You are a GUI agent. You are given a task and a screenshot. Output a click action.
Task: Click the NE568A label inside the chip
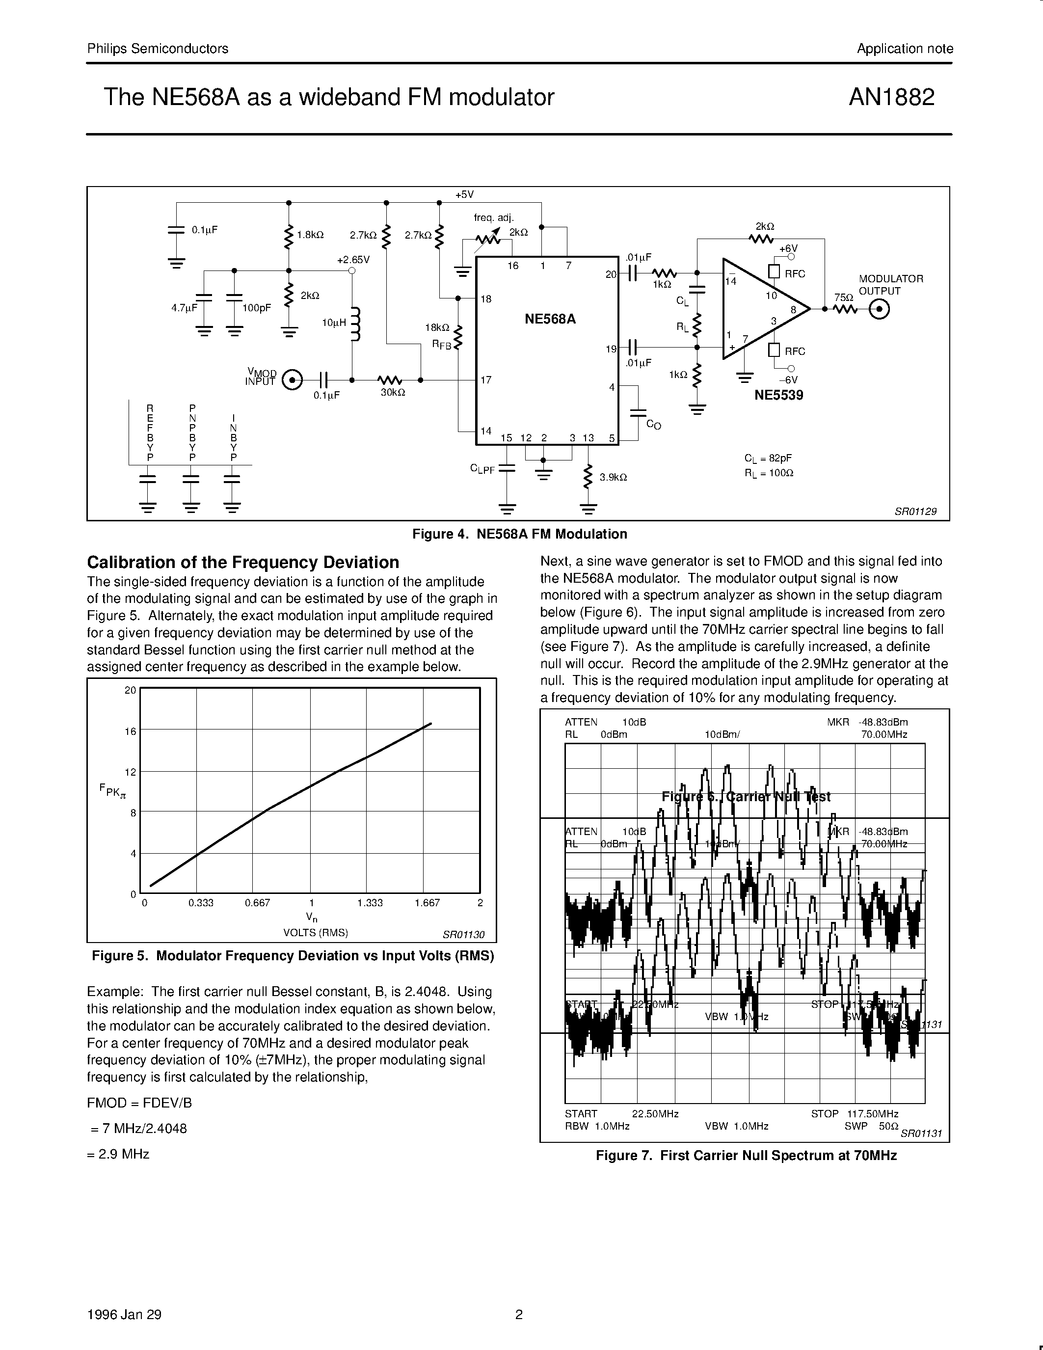pyautogui.click(x=550, y=319)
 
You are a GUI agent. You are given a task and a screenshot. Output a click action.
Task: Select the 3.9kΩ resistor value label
pyautogui.click(x=613, y=477)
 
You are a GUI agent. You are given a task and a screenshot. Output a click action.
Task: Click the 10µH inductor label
pyautogui.click(x=334, y=323)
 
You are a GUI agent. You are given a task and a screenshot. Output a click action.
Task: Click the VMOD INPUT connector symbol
pyautogui.click(x=292, y=379)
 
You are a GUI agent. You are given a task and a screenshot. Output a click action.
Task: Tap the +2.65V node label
pyautogui.click(x=353, y=260)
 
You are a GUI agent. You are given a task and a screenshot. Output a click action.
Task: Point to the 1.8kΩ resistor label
pyautogui.click(x=310, y=235)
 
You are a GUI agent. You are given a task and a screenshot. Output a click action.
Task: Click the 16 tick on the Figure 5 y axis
pyautogui.click(x=130, y=731)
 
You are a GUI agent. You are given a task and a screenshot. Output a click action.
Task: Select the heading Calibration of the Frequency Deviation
pyautogui.click(x=243, y=562)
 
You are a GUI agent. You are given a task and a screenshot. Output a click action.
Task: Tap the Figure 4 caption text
pyautogui.click(x=520, y=534)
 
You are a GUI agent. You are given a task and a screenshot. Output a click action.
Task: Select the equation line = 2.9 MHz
pyautogui.click(x=120, y=1154)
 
